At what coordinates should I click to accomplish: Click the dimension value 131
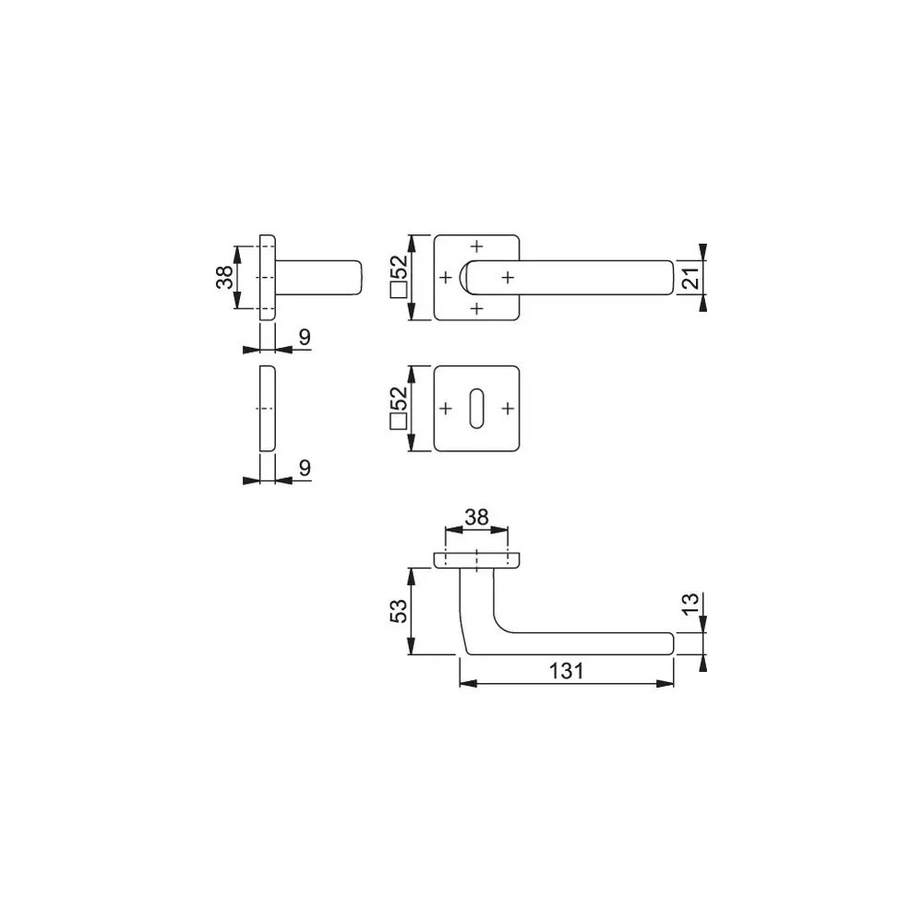click(x=567, y=670)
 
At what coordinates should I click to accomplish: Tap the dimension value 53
click(x=399, y=611)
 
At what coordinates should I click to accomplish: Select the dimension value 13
click(x=690, y=604)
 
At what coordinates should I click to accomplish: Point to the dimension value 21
click(x=690, y=277)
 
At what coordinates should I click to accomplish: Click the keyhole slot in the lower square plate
click(x=477, y=408)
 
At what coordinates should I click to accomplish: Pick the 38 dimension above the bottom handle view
click(x=476, y=517)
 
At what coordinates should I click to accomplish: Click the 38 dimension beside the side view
click(x=224, y=277)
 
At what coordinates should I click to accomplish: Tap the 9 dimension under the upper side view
click(x=305, y=337)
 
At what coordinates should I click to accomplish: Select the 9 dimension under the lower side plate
click(x=305, y=467)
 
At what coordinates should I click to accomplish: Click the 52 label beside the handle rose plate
click(x=399, y=268)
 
